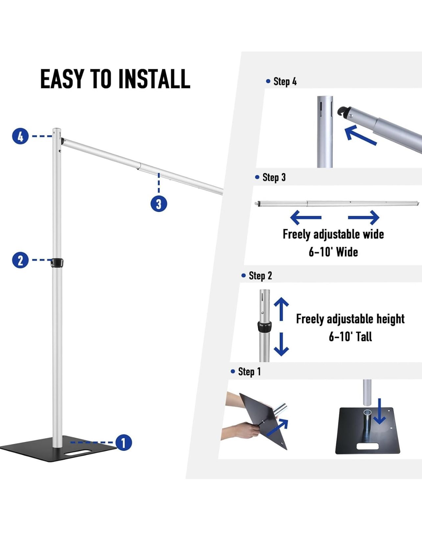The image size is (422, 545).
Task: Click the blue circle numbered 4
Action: pyautogui.click(x=20, y=136)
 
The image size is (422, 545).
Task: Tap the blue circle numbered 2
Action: pyautogui.click(x=20, y=260)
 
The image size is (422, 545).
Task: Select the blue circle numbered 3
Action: pyautogui.click(x=159, y=203)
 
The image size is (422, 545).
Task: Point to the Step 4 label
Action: pyautogui.click(x=282, y=81)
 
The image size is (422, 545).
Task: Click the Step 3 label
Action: pyautogui.click(x=270, y=177)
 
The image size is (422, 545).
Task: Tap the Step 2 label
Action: pyautogui.click(x=257, y=276)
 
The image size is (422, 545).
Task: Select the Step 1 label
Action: pyautogui.click(x=246, y=371)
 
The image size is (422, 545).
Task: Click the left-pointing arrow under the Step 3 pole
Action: pyautogui.click(x=306, y=218)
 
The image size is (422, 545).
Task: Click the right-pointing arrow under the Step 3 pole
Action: pyautogui.click(x=363, y=218)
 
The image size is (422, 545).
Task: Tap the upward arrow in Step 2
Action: pyautogui.click(x=281, y=309)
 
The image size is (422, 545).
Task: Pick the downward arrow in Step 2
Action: pyautogui.click(x=281, y=344)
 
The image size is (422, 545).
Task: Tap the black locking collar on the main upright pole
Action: pyautogui.click(x=57, y=262)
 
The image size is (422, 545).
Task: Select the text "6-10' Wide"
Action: pyautogui.click(x=333, y=252)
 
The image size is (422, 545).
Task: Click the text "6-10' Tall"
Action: pyautogui.click(x=350, y=336)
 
